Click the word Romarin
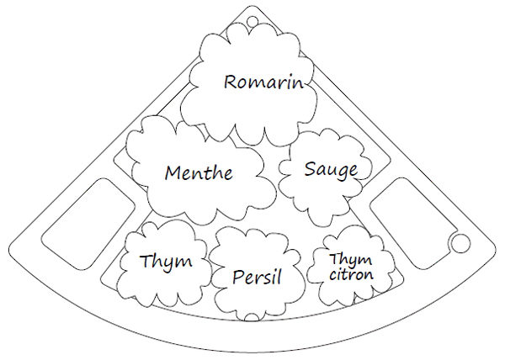coord(263,82)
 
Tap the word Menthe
coord(199,172)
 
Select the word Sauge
coord(331,170)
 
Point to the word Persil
coord(257,277)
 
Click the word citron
coord(351,275)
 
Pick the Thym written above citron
coord(350,260)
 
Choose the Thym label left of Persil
coord(166,262)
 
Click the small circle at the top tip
coord(252,21)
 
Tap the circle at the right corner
coord(460,243)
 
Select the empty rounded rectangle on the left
coord(88,225)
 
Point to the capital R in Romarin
coord(231,82)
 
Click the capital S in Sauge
coord(310,168)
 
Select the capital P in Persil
coord(238,278)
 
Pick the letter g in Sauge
coord(342,173)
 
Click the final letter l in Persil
coord(279,276)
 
